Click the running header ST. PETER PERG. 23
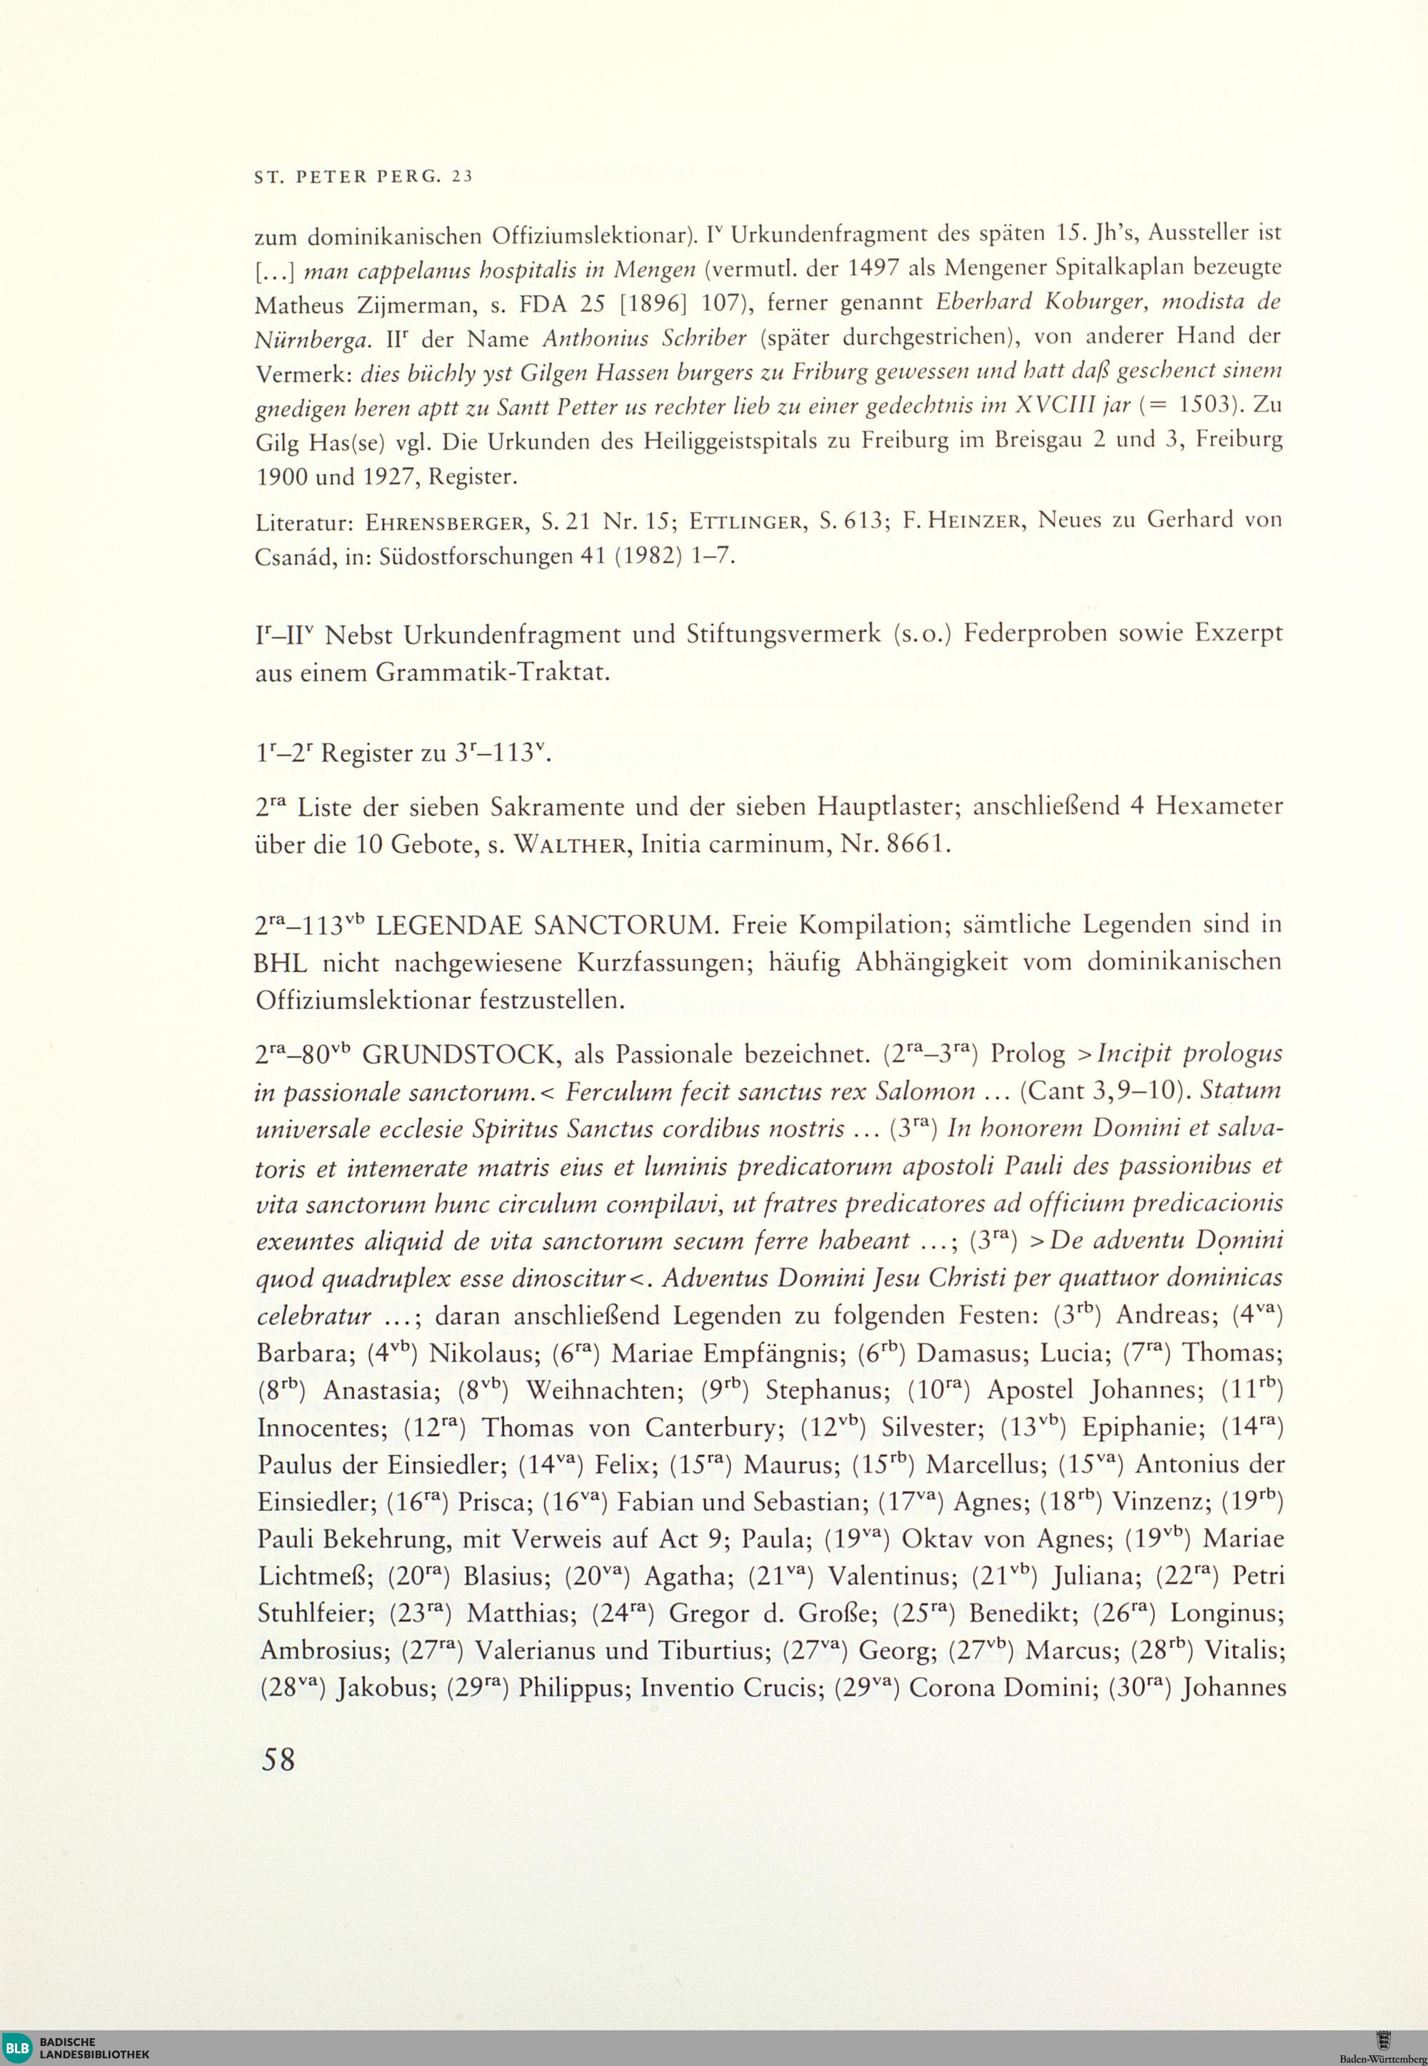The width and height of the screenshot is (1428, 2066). [x=363, y=177]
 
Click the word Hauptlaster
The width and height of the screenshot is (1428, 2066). [x=888, y=806]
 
